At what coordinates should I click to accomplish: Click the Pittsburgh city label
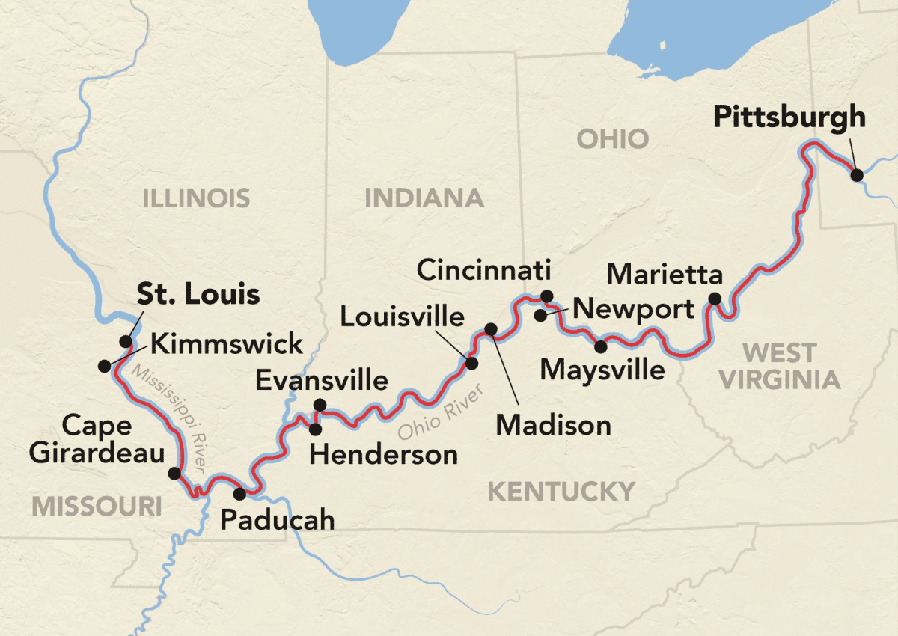coord(789,117)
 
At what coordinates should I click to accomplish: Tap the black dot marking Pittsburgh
coord(858,175)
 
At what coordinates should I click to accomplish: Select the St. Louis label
coord(198,294)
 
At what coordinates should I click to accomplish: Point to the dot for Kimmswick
coord(103,366)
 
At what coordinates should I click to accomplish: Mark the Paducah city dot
coord(239,494)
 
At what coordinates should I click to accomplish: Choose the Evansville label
coord(322,380)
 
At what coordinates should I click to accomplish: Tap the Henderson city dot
coord(316,429)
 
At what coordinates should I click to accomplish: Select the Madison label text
coord(554,425)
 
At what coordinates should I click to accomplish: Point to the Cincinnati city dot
coord(546,296)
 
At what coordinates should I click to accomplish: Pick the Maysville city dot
coord(600,346)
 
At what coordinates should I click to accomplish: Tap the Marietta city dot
coord(715,299)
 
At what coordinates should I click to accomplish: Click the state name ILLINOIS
coord(196,198)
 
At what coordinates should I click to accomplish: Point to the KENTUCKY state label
coord(561,491)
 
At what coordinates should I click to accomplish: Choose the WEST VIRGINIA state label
coord(780,366)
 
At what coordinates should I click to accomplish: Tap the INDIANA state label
coord(424,198)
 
